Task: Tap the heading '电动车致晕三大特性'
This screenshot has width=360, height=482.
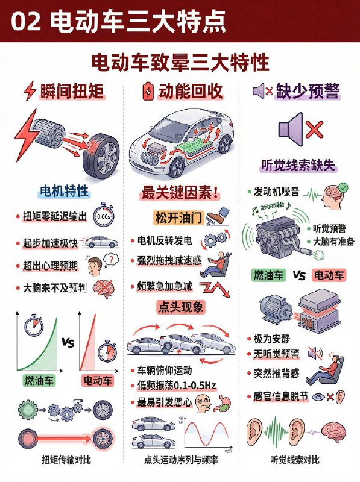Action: coord(180,63)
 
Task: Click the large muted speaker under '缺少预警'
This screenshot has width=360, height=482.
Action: coord(292,129)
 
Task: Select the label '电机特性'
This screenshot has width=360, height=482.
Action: coord(64,192)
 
